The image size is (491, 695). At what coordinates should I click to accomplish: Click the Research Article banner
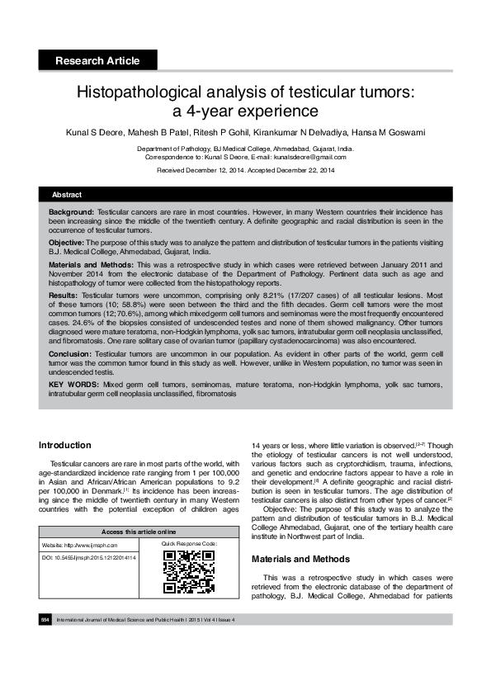tap(97, 60)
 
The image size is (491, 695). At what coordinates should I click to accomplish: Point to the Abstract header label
tap(67, 194)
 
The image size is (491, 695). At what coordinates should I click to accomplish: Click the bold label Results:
tap(64, 293)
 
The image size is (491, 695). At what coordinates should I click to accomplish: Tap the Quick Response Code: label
tap(189, 544)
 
